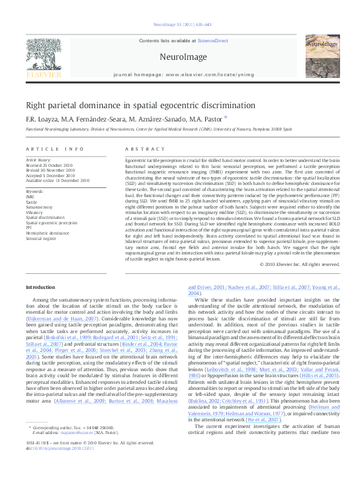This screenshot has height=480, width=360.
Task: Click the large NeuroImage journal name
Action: [179, 57]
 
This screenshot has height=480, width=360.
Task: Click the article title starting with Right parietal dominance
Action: [140, 105]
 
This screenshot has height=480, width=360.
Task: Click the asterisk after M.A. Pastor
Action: [226, 117]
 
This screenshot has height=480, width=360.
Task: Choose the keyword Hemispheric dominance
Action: [47, 232]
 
